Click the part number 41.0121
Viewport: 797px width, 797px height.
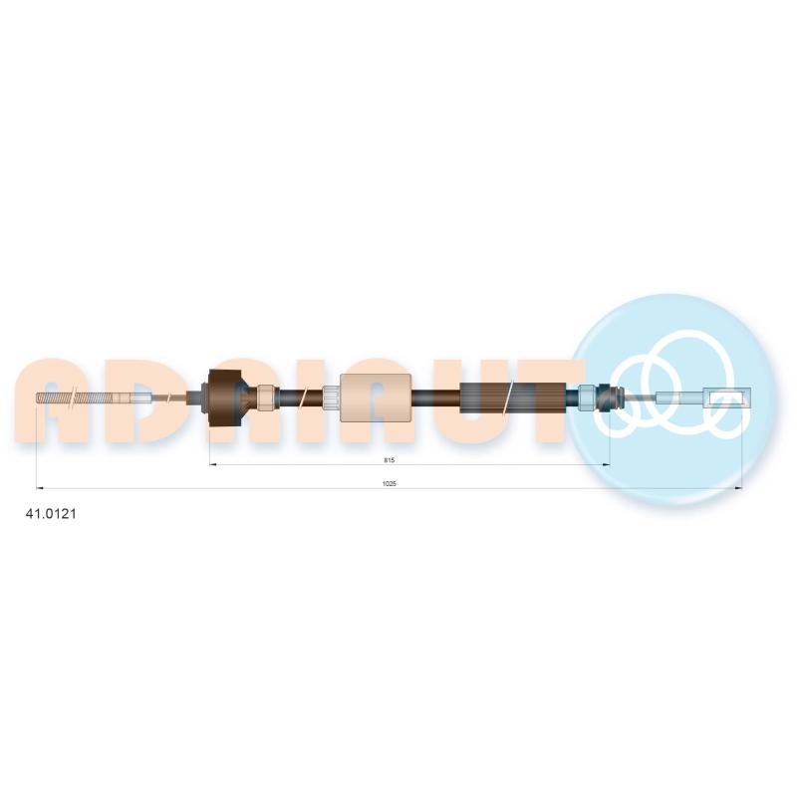[x=51, y=514]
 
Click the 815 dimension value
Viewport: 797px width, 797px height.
[x=390, y=460]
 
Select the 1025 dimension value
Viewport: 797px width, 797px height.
[x=390, y=484]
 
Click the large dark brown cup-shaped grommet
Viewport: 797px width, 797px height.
[x=225, y=398]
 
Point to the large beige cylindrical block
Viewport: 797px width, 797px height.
[x=376, y=398]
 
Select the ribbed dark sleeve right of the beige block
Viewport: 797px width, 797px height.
[x=512, y=398]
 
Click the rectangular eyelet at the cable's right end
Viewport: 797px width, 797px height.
[x=727, y=398]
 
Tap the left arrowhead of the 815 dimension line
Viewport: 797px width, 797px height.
[x=213, y=464]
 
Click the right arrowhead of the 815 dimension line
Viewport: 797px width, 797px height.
[x=606, y=464]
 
